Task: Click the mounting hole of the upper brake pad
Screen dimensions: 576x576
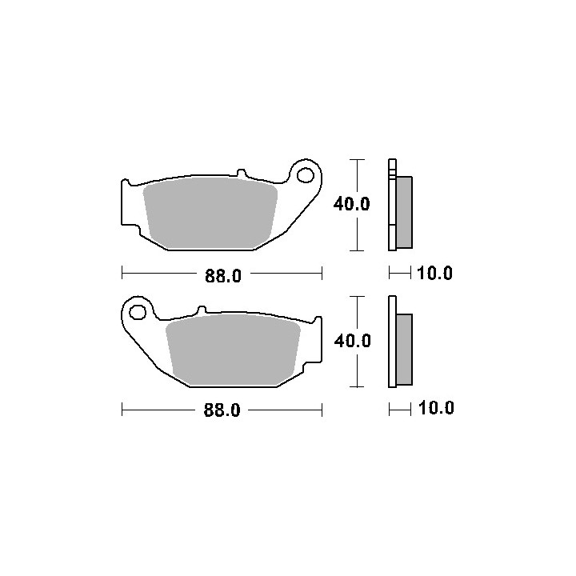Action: click(306, 175)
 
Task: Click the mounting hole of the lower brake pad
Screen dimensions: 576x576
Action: click(138, 312)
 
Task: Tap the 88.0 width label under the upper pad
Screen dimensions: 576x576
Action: click(223, 275)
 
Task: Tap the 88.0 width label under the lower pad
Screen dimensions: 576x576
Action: click(222, 410)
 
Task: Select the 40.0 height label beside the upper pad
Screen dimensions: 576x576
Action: click(351, 204)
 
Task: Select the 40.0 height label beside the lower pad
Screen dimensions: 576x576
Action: click(352, 341)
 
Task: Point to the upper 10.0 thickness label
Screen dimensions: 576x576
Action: click(434, 274)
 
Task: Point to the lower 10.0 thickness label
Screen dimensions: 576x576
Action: click(436, 408)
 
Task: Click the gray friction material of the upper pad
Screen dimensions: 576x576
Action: click(210, 213)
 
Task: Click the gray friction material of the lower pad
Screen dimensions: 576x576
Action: click(234, 350)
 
